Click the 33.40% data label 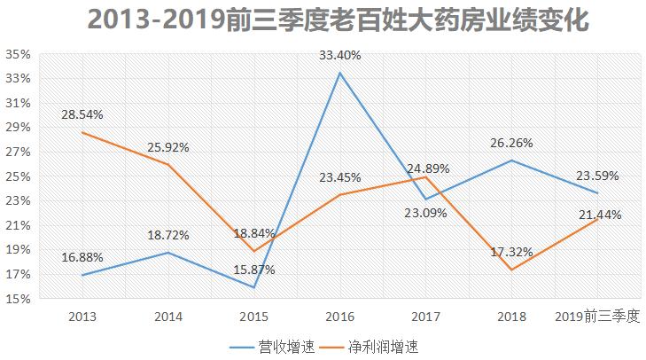[x=340, y=55]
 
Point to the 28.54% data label [x=82, y=115]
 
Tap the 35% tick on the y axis [x=19, y=54]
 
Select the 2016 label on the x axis [x=340, y=316]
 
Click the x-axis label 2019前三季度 [x=596, y=316]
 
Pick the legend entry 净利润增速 [x=370, y=347]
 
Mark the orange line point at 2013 [x=82, y=132]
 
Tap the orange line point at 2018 [x=512, y=270]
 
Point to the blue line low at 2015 [x=254, y=287]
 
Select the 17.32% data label [x=512, y=252]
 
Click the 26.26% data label [x=512, y=143]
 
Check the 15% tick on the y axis [x=19, y=299]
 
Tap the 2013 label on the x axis [x=82, y=316]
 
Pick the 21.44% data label [x=598, y=215]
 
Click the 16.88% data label [x=82, y=257]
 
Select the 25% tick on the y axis [x=19, y=176]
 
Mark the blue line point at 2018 [x=512, y=160]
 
